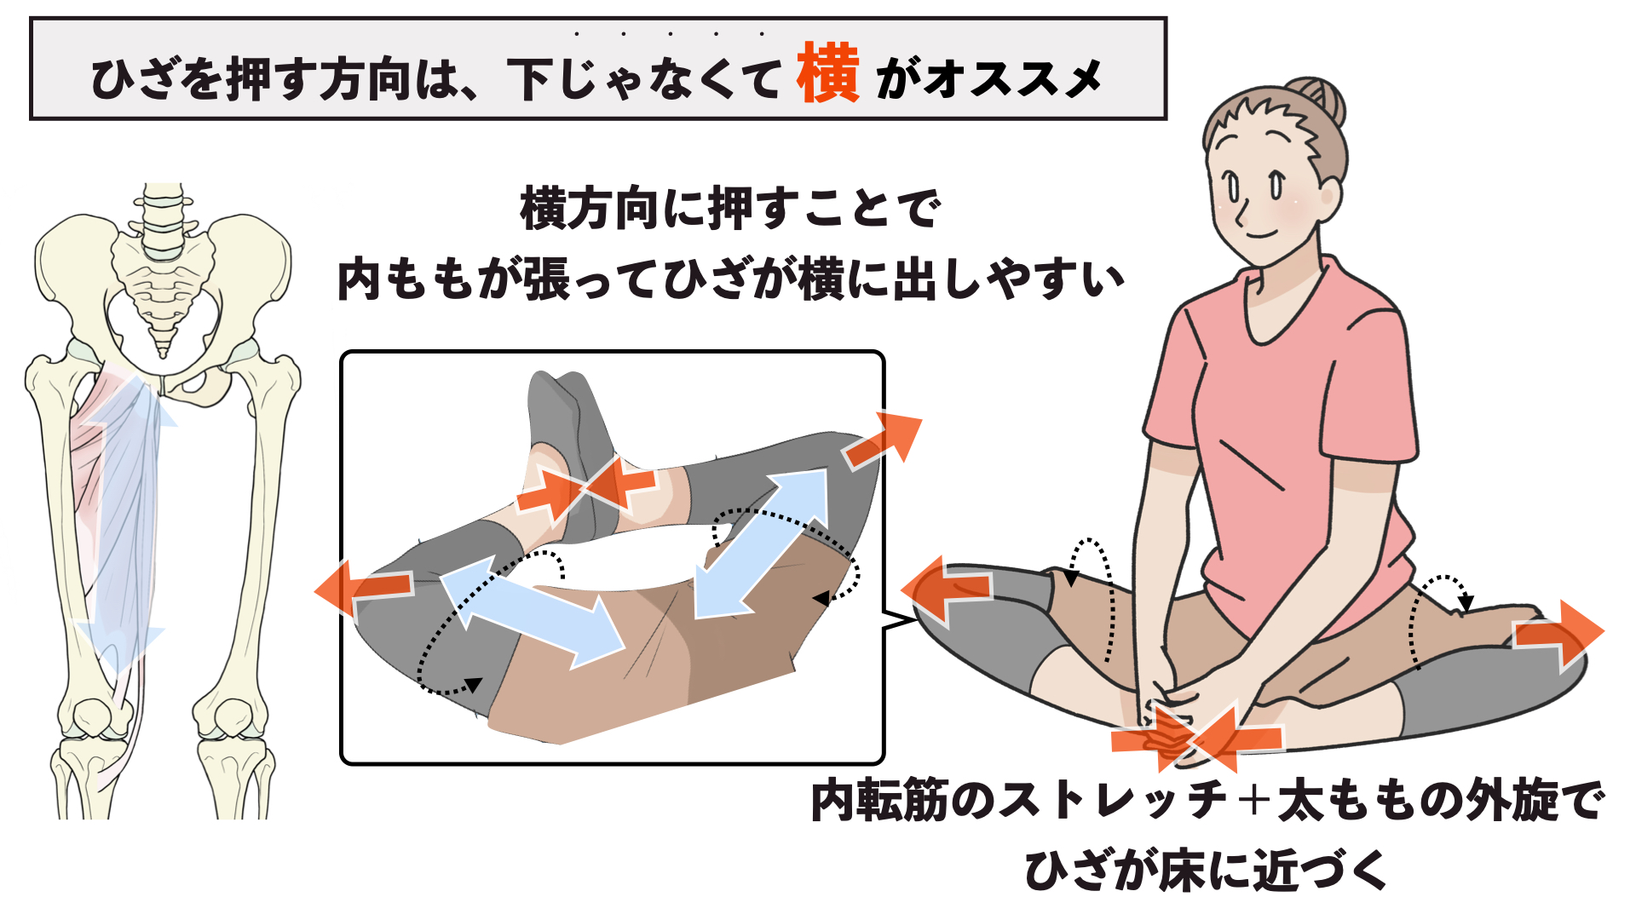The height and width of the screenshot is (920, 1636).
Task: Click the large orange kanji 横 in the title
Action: (x=828, y=73)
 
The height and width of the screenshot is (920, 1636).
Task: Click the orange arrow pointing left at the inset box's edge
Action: (x=364, y=588)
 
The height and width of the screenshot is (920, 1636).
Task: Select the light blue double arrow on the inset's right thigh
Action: (x=761, y=543)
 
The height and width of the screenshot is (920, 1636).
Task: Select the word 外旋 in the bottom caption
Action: (x=1506, y=800)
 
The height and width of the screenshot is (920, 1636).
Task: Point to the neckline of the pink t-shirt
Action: (x=1282, y=302)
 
